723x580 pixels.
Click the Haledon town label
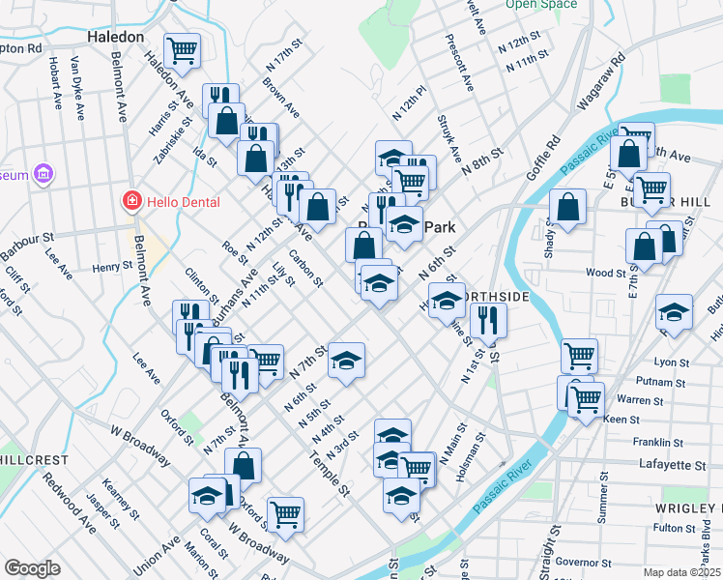pyautogui.click(x=115, y=37)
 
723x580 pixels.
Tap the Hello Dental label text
pyautogui.click(x=183, y=202)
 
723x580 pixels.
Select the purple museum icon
pyautogui.click(x=43, y=175)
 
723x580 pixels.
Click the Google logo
pyautogui.click(x=32, y=568)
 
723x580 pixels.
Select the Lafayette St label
pyautogui.click(x=673, y=465)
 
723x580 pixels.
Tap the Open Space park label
pyautogui.click(x=541, y=4)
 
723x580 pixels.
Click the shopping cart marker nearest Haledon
pyautogui.click(x=182, y=48)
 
